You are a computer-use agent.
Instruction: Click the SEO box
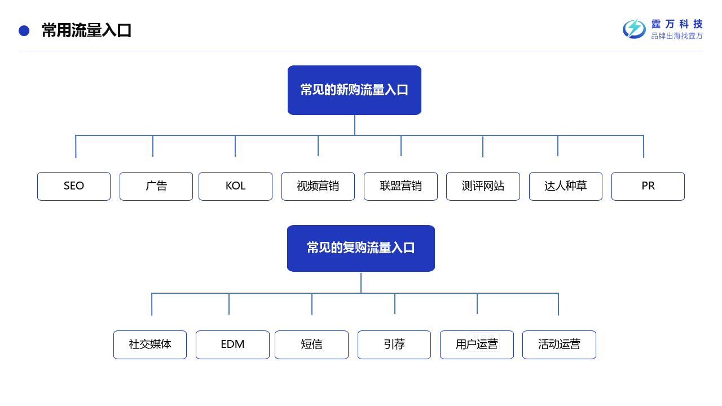74,186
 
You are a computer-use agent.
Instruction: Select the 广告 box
156,186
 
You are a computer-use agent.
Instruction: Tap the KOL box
235,186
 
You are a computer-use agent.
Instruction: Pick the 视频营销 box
318,186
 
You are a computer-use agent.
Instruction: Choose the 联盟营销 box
400,186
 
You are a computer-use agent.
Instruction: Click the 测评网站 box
483,186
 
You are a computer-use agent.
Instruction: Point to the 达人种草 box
566,186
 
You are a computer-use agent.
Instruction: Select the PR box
648,186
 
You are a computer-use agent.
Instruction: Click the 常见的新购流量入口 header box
354,90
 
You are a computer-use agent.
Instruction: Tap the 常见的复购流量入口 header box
361,248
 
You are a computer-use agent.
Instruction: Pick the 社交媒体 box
150,345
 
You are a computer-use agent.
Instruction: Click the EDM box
232,345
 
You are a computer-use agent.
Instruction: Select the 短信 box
311,345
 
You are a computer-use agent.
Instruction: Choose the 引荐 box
394,345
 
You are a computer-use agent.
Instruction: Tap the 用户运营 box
477,345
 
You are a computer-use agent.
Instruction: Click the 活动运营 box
559,345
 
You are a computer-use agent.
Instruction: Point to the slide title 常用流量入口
86,30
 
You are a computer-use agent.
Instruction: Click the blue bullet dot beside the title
24,30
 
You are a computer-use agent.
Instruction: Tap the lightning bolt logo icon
634,29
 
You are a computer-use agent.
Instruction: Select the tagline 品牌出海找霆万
677,36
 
